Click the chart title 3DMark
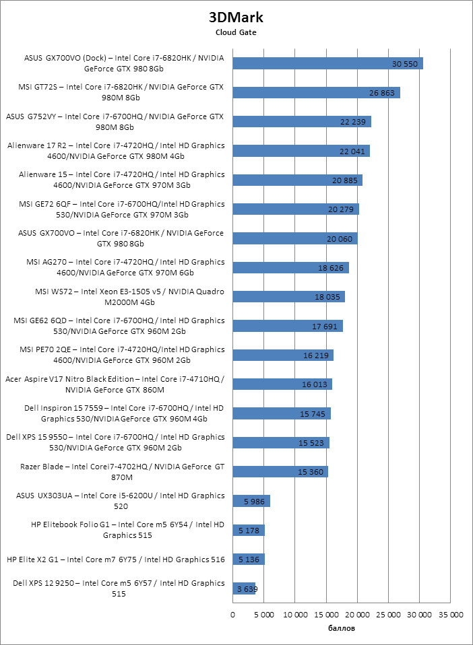click(236, 16)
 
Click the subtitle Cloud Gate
click(236, 32)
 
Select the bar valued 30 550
click(327, 63)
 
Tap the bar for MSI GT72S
click(316, 92)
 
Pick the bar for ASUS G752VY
click(302, 121)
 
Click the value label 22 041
click(352, 151)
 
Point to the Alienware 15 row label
click(115, 180)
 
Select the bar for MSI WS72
click(288, 297)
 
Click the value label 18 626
click(331, 268)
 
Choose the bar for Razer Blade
click(280, 472)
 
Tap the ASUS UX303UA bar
click(251, 501)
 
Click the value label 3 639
click(245, 589)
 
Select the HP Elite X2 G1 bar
click(249, 559)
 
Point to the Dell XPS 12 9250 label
click(115, 588)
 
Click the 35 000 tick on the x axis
click(451, 615)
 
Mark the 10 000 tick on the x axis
click(295, 615)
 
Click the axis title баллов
click(342, 628)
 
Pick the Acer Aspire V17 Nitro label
click(115, 384)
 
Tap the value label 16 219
click(316, 355)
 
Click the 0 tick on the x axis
click(233, 615)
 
